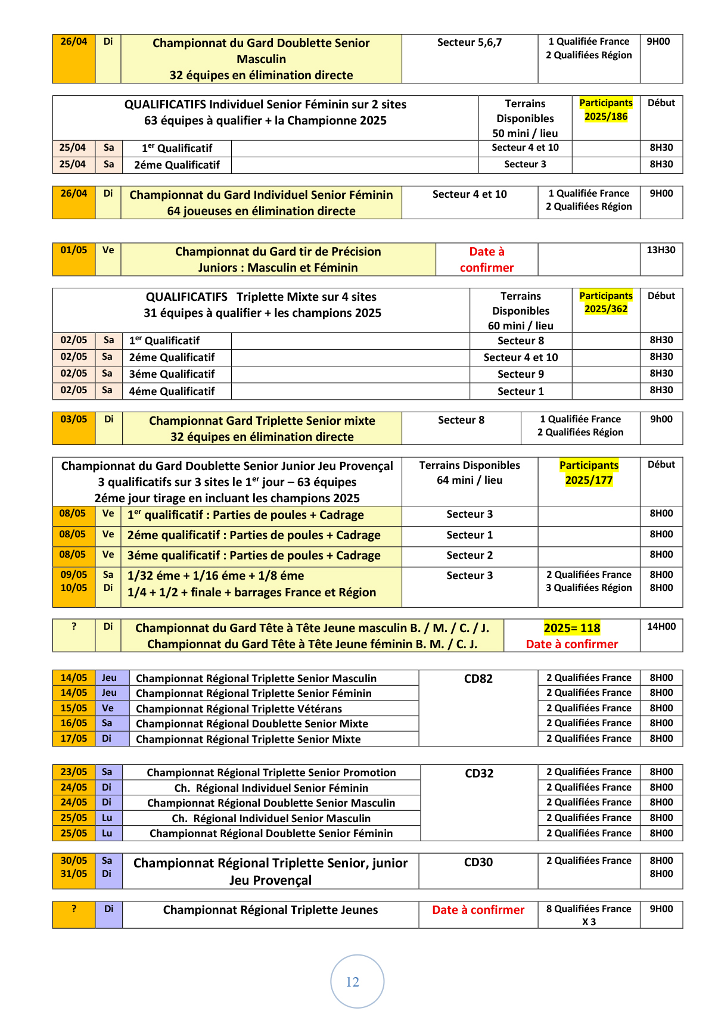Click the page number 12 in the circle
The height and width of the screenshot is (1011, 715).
pyautogui.click(x=353, y=982)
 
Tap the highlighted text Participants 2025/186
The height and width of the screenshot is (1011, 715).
pyautogui.click(x=605, y=110)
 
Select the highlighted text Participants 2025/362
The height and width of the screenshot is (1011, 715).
pyautogui.click(x=605, y=302)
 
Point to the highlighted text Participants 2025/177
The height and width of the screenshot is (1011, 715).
pyautogui.click(x=589, y=472)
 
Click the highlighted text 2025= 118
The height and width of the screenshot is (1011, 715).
pyautogui.click(x=571, y=628)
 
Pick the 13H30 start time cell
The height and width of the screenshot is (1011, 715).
pyautogui.click(x=661, y=250)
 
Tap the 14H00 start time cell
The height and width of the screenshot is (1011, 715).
pyautogui.click(x=661, y=627)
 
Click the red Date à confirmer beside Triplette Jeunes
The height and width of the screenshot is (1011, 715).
pyautogui.click(x=478, y=910)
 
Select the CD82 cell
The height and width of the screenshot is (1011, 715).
pyautogui.click(x=478, y=679)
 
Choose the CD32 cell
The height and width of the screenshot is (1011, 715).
pyautogui.click(x=479, y=773)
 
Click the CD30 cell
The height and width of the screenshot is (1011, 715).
pyautogui.click(x=478, y=862)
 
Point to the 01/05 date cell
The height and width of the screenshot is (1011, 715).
pyautogui.click(x=74, y=250)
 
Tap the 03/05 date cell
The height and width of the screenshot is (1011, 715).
pyautogui.click(x=74, y=419)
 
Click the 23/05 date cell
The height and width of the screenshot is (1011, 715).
pyautogui.click(x=74, y=772)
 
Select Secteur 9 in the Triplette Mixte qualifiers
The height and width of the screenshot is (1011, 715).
pyautogui.click(x=520, y=374)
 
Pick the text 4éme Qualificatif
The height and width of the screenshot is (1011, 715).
pyautogui.click(x=172, y=391)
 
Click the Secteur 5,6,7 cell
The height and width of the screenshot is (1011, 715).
pyautogui.click(x=469, y=42)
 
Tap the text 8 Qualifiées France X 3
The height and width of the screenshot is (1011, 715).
pyautogui.click(x=589, y=915)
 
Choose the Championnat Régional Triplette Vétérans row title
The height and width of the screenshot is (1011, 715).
pyautogui.click(x=239, y=708)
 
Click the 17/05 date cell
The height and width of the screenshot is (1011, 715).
pyautogui.click(x=74, y=739)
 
